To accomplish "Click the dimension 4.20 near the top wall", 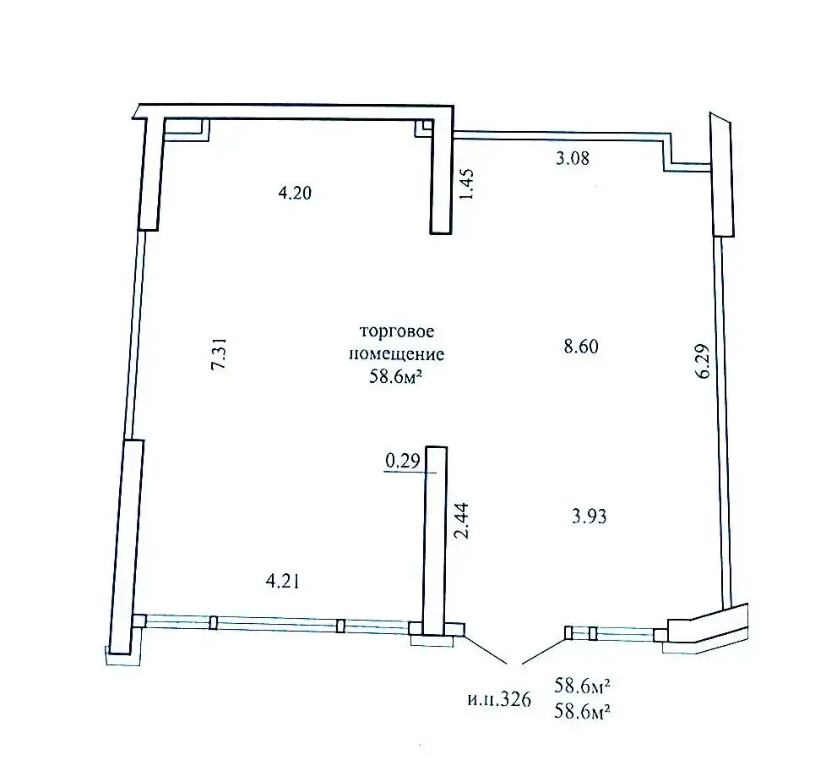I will coord(296,194).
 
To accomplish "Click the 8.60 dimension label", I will coord(580,346).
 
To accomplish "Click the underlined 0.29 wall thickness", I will coord(402,461).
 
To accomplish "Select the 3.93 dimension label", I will coord(589,517).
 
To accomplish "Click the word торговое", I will coord(390,331).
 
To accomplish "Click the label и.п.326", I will coord(497,701).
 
